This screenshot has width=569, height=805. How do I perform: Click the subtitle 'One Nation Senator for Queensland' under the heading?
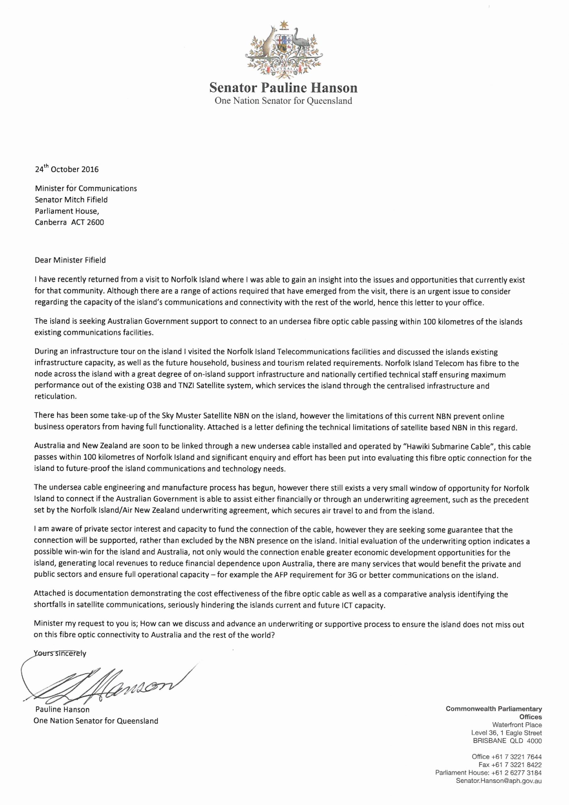(283, 101)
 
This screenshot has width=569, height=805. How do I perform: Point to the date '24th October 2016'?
(67, 169)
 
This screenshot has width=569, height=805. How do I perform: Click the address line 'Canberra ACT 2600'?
(69, 222)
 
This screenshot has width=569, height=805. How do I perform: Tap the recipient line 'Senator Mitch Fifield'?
(71, 200)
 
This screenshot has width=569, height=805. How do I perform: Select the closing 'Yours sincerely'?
(60, 653)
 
